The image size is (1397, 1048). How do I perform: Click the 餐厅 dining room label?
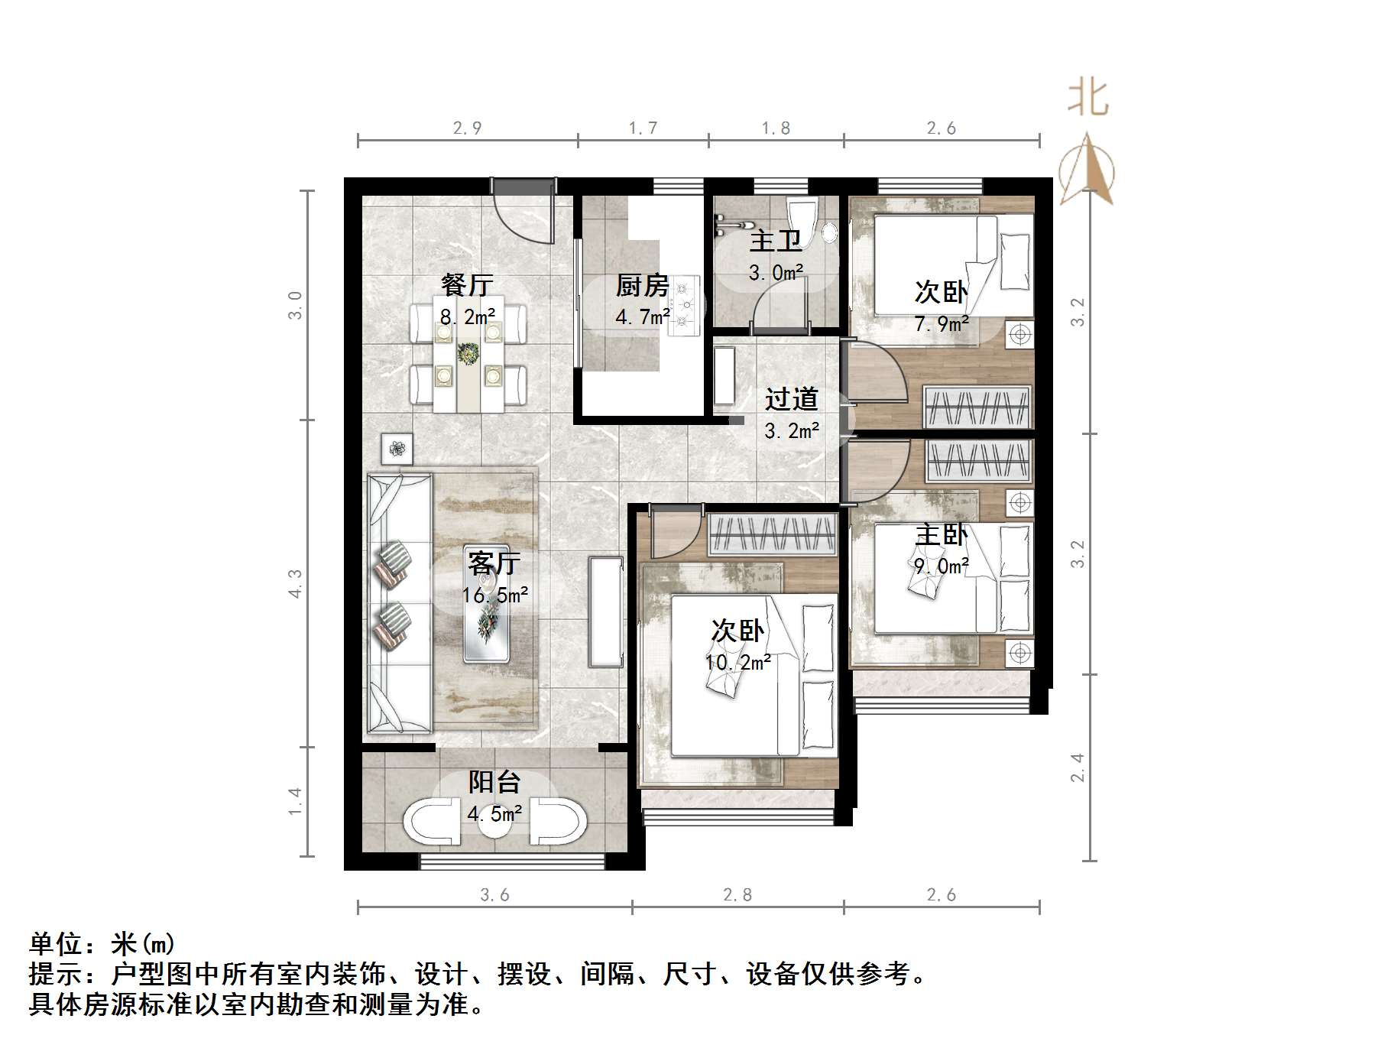click(467, 285)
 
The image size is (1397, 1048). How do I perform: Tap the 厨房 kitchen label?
click(642, 286)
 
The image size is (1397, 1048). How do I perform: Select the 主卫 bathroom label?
click(775, 241)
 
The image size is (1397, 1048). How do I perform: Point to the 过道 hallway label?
click(792, 398)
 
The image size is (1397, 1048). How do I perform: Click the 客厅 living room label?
click(494, 563)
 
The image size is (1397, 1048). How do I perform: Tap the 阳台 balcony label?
click(494, 782)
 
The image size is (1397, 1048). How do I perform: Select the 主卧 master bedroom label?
click(941, 534)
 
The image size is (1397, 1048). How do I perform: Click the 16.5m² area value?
click(494, 595)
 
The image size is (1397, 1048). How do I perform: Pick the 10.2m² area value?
click(737, 662)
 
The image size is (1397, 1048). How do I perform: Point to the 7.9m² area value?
click(942, 324)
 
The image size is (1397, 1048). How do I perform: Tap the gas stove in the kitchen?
click(685, 305)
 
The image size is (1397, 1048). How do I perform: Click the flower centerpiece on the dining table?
click(468, 354)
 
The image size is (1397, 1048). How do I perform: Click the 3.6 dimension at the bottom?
click(494, 894)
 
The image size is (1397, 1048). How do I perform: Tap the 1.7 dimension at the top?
click(643, 128)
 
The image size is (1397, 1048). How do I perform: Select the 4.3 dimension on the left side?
click(296, 583)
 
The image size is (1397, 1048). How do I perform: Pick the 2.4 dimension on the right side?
click(1077, 767)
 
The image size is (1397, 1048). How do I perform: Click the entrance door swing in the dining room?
click(526, 214)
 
